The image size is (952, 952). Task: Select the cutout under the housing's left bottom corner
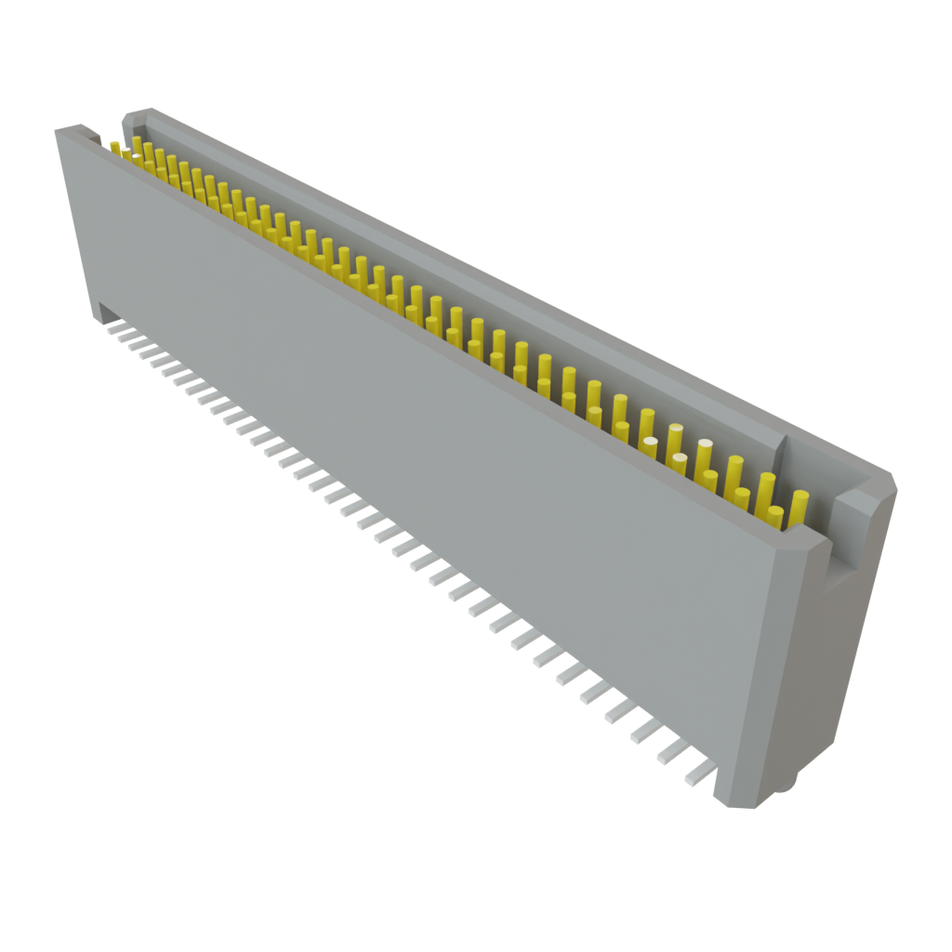[x=105, y=312]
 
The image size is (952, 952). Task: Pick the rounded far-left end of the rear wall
[x=128, y=115]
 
